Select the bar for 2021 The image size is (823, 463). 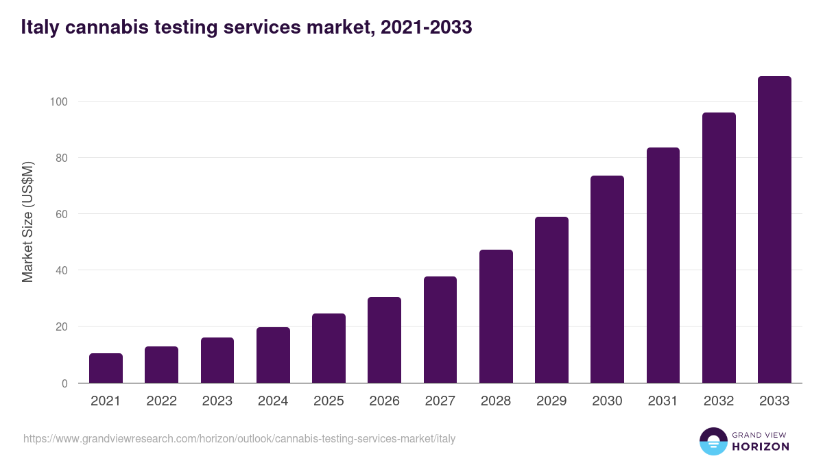pyautogui.click(x=106, y=368)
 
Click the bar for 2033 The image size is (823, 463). pyautogui.click(x=774, y=230)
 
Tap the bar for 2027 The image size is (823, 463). pyautogui.click(x=440, y=330)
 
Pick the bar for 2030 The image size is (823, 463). pyautogui.click(x=607, y=279)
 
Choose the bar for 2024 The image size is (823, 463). pyautogui.click(x=273, y=355)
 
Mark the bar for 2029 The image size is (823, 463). pyautogui.click(x=551, y=300)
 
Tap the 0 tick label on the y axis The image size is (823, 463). pyautogui.click(x=64, y=383)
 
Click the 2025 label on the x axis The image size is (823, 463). pyautogui.click(x=329, y=401)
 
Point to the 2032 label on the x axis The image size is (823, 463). pyautogui.click(x=719, y=401)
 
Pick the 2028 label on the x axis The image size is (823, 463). pyautogui.click(x=496, y=401)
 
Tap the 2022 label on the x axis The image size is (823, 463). pyautogui.click(x=161, y=401)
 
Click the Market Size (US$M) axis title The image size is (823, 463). pyautogui.click(x=27, y=222)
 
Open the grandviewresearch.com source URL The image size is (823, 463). pyautogui.click(x=239, y=439)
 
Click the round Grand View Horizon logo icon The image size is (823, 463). pyautogui.click(x=713, y=441)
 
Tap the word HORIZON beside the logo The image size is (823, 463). pyautogui.click(x=760, y=447)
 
